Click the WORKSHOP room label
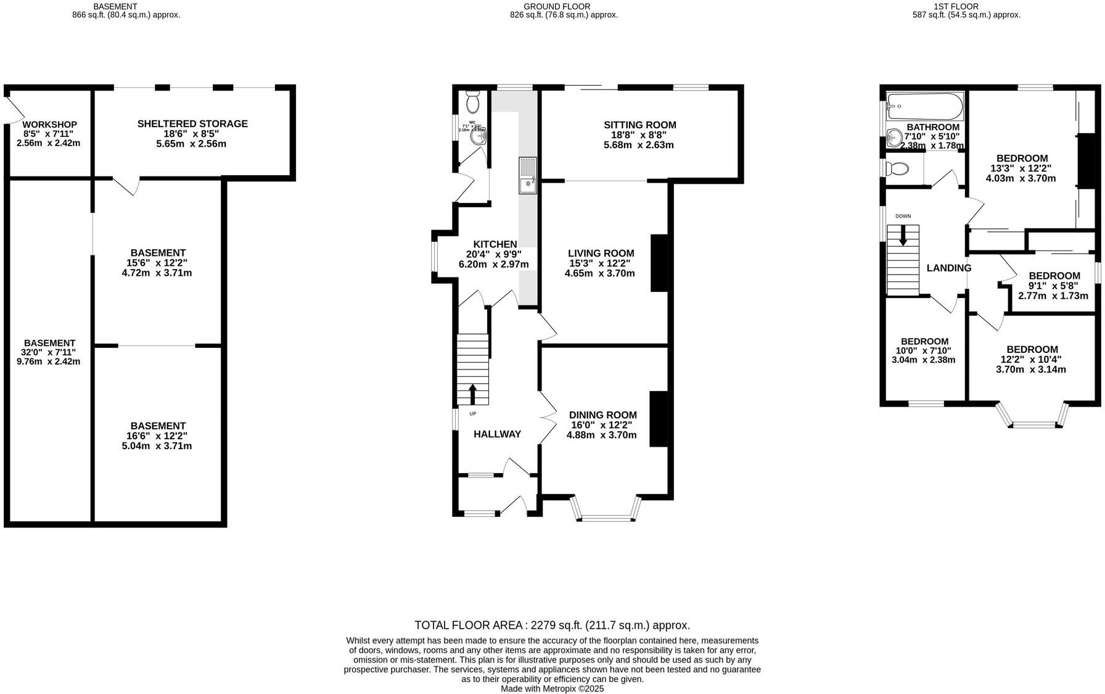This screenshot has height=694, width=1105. [49, 125]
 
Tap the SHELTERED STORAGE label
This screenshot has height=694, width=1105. [192, 124]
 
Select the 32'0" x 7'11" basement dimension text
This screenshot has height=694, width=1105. [49, 352]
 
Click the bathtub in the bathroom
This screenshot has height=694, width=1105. [924, 107]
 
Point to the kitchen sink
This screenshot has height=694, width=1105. [528, 175]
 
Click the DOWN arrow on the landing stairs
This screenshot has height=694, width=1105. [903, 235]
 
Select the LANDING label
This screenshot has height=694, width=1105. [948, 268]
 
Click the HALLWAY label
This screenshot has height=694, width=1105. [497, 434]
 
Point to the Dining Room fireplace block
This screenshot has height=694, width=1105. [659, 418]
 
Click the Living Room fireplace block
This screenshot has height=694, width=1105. [659, 263]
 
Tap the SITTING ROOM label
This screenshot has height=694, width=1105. [640, 125]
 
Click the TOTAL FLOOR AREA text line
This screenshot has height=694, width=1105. [552, 625]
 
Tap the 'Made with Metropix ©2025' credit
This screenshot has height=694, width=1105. [552, 688]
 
